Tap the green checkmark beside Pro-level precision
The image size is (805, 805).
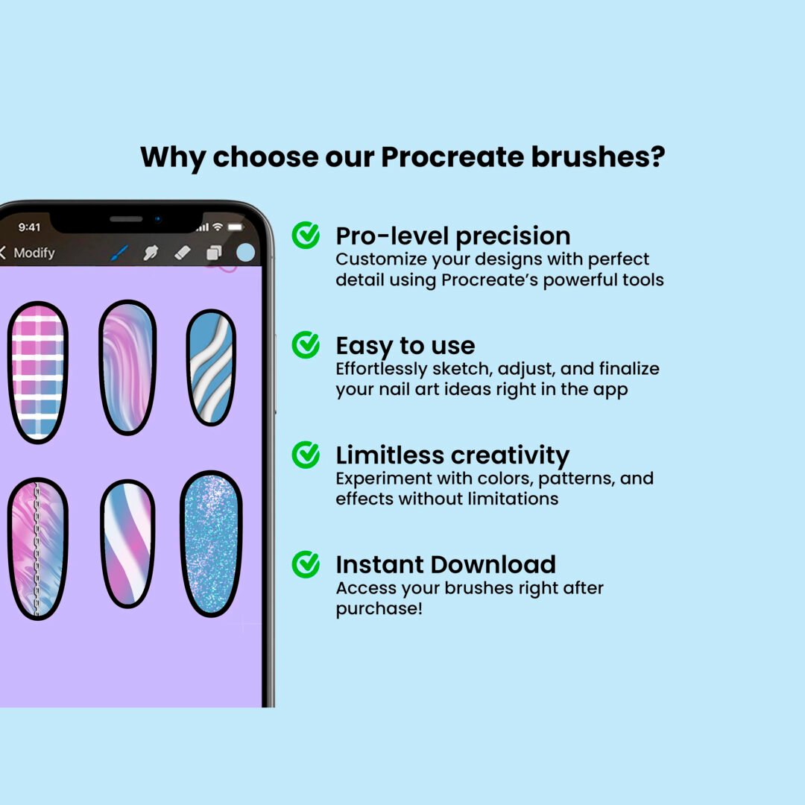[306, 235]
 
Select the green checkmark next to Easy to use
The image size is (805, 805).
[306, 344]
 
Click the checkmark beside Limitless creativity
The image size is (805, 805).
[306, 455]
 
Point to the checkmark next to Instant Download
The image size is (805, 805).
[306, 564]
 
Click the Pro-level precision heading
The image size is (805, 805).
[453, 237]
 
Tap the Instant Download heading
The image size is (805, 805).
[446, 565]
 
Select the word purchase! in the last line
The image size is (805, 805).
[379, 609]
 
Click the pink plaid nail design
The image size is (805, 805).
[38, 372]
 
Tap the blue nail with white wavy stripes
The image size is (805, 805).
[211, 367]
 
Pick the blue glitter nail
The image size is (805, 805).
[211, 543]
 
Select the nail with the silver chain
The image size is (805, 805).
[37, 549]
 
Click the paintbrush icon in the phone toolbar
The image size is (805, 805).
[119, 253]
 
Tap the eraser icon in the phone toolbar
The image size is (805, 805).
[183, 253]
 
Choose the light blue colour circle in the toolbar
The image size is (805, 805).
[245, 253]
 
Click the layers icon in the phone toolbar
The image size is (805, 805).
[214, 253]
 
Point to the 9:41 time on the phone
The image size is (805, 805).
[29, 227]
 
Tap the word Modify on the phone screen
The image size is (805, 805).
[34, 253]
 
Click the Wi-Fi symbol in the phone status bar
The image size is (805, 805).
[218, 227]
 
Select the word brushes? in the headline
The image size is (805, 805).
[598, 157]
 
